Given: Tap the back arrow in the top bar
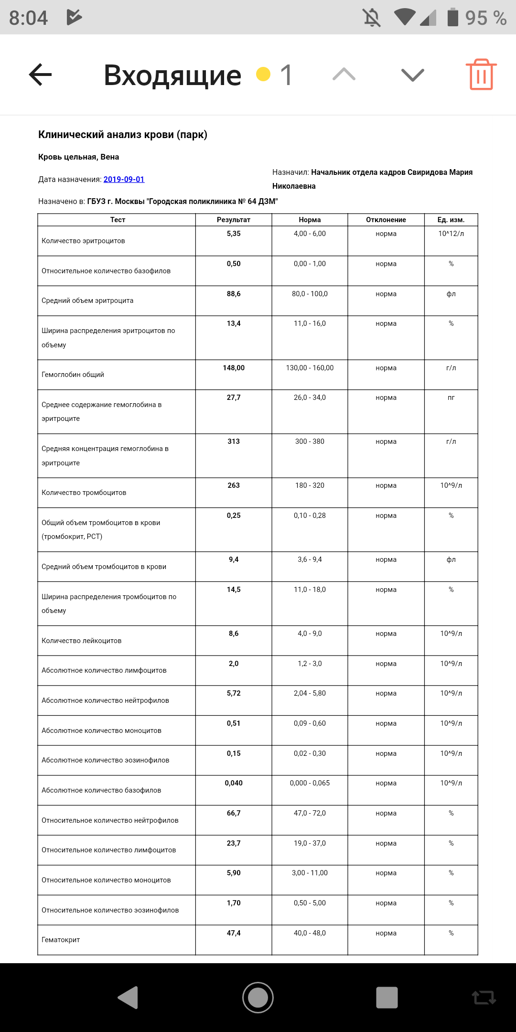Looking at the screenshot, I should pyautogui.click(x=41, y=75).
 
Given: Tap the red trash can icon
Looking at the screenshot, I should pyautogui.click(x=481, y=75).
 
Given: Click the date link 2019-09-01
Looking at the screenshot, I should pyautogui.click(x=124, y=179).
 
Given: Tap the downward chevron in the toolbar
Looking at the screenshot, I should pyautogui.click(x=413, y=75).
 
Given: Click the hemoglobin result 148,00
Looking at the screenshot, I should pyautogui.click(x=234, y=368).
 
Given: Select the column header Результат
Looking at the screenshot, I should pyautogui.click(x=234, y=220).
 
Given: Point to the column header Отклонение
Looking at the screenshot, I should pyautogui.click(x=386, y=220).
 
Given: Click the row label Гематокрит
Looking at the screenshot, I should pyautogui.click(x=61, y=940).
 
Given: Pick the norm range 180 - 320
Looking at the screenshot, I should pyautogui.click(x=310, y=485).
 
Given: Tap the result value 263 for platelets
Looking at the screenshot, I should pyautogui.click(x=234, y=485).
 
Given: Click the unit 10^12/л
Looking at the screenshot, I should pyautogui.click(x=451, y=234).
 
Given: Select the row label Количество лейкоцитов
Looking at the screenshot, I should pyautogui.click(x=82, y=641).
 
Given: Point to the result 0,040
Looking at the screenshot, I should pyautogui.click(x=234, y=783).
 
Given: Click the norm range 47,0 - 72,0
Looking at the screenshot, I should pyautogui.click(x=310, y=813).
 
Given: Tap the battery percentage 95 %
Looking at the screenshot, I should pyautogui.click(x=485, y=18).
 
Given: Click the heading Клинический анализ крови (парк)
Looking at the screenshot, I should pyautogui.click(x=123, y=135).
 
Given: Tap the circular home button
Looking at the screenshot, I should pyautogui.click(x=258, y=998).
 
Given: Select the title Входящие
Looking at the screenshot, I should pyautogui.click(x=172, y=75).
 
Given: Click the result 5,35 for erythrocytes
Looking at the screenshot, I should pyautogui.click(x=234, y=234).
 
